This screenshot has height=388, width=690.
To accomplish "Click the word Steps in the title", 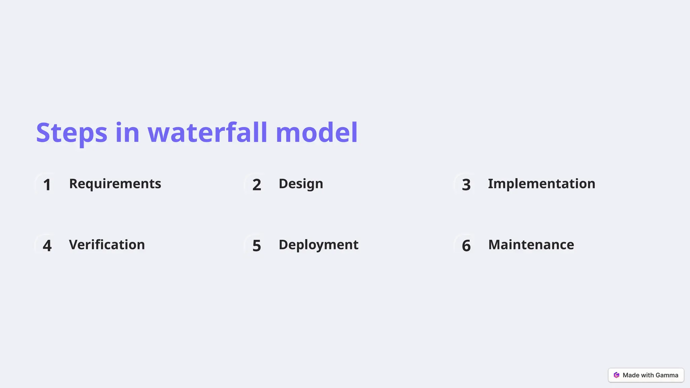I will click(x=71, y=133).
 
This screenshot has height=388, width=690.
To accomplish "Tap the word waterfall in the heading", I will click(x=208, y=132).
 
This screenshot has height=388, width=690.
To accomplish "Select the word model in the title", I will click(x=316, y=132).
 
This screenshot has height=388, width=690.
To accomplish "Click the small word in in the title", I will click(x=127, y=132).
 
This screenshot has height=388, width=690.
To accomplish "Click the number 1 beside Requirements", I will click(x=47, y=185).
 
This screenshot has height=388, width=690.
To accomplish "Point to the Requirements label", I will click(x=115, y=184).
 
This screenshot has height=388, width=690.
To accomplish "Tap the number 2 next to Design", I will click(x=257, y=185).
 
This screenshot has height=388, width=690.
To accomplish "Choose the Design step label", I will click(x=301, y=184).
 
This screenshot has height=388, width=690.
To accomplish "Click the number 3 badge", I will click(x=466, y=185).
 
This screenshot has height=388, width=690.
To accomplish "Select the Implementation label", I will click(x=541, y=184).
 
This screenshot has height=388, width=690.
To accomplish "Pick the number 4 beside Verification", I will click(x=47, y=246).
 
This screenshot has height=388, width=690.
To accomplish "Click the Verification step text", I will click(x=107, y=245).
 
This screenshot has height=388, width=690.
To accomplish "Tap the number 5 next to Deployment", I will click(x=257, y=246).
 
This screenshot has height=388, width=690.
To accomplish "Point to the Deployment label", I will click(x=318, y=245).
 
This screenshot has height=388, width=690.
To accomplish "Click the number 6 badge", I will click(x=466, y=246).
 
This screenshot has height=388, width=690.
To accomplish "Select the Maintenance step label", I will click(x=531, y=245).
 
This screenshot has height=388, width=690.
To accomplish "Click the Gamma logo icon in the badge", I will click(x=616, y=375).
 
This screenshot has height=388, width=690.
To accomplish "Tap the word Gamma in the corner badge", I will click(x=667, y=375).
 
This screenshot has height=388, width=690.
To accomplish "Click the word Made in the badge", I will click(x=631, y=375).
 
